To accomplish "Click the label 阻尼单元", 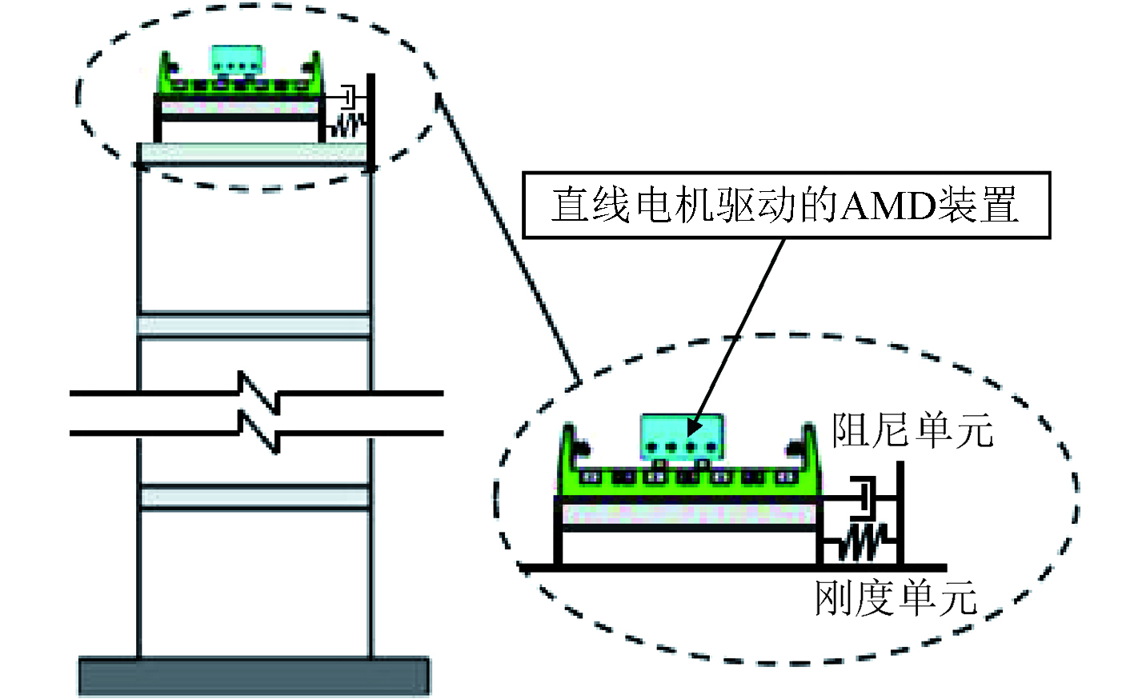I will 912,430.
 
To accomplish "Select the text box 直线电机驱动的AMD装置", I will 786,205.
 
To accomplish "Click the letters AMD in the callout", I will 887,206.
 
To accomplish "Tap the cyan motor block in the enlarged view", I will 682,437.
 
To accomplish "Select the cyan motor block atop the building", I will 236,60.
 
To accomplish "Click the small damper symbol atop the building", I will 350,97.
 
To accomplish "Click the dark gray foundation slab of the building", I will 254,677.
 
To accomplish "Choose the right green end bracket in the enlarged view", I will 805,456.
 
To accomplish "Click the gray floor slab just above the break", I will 254,326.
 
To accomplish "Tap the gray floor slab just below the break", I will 254,497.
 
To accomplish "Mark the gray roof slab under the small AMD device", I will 254,153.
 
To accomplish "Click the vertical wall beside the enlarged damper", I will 900,513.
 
